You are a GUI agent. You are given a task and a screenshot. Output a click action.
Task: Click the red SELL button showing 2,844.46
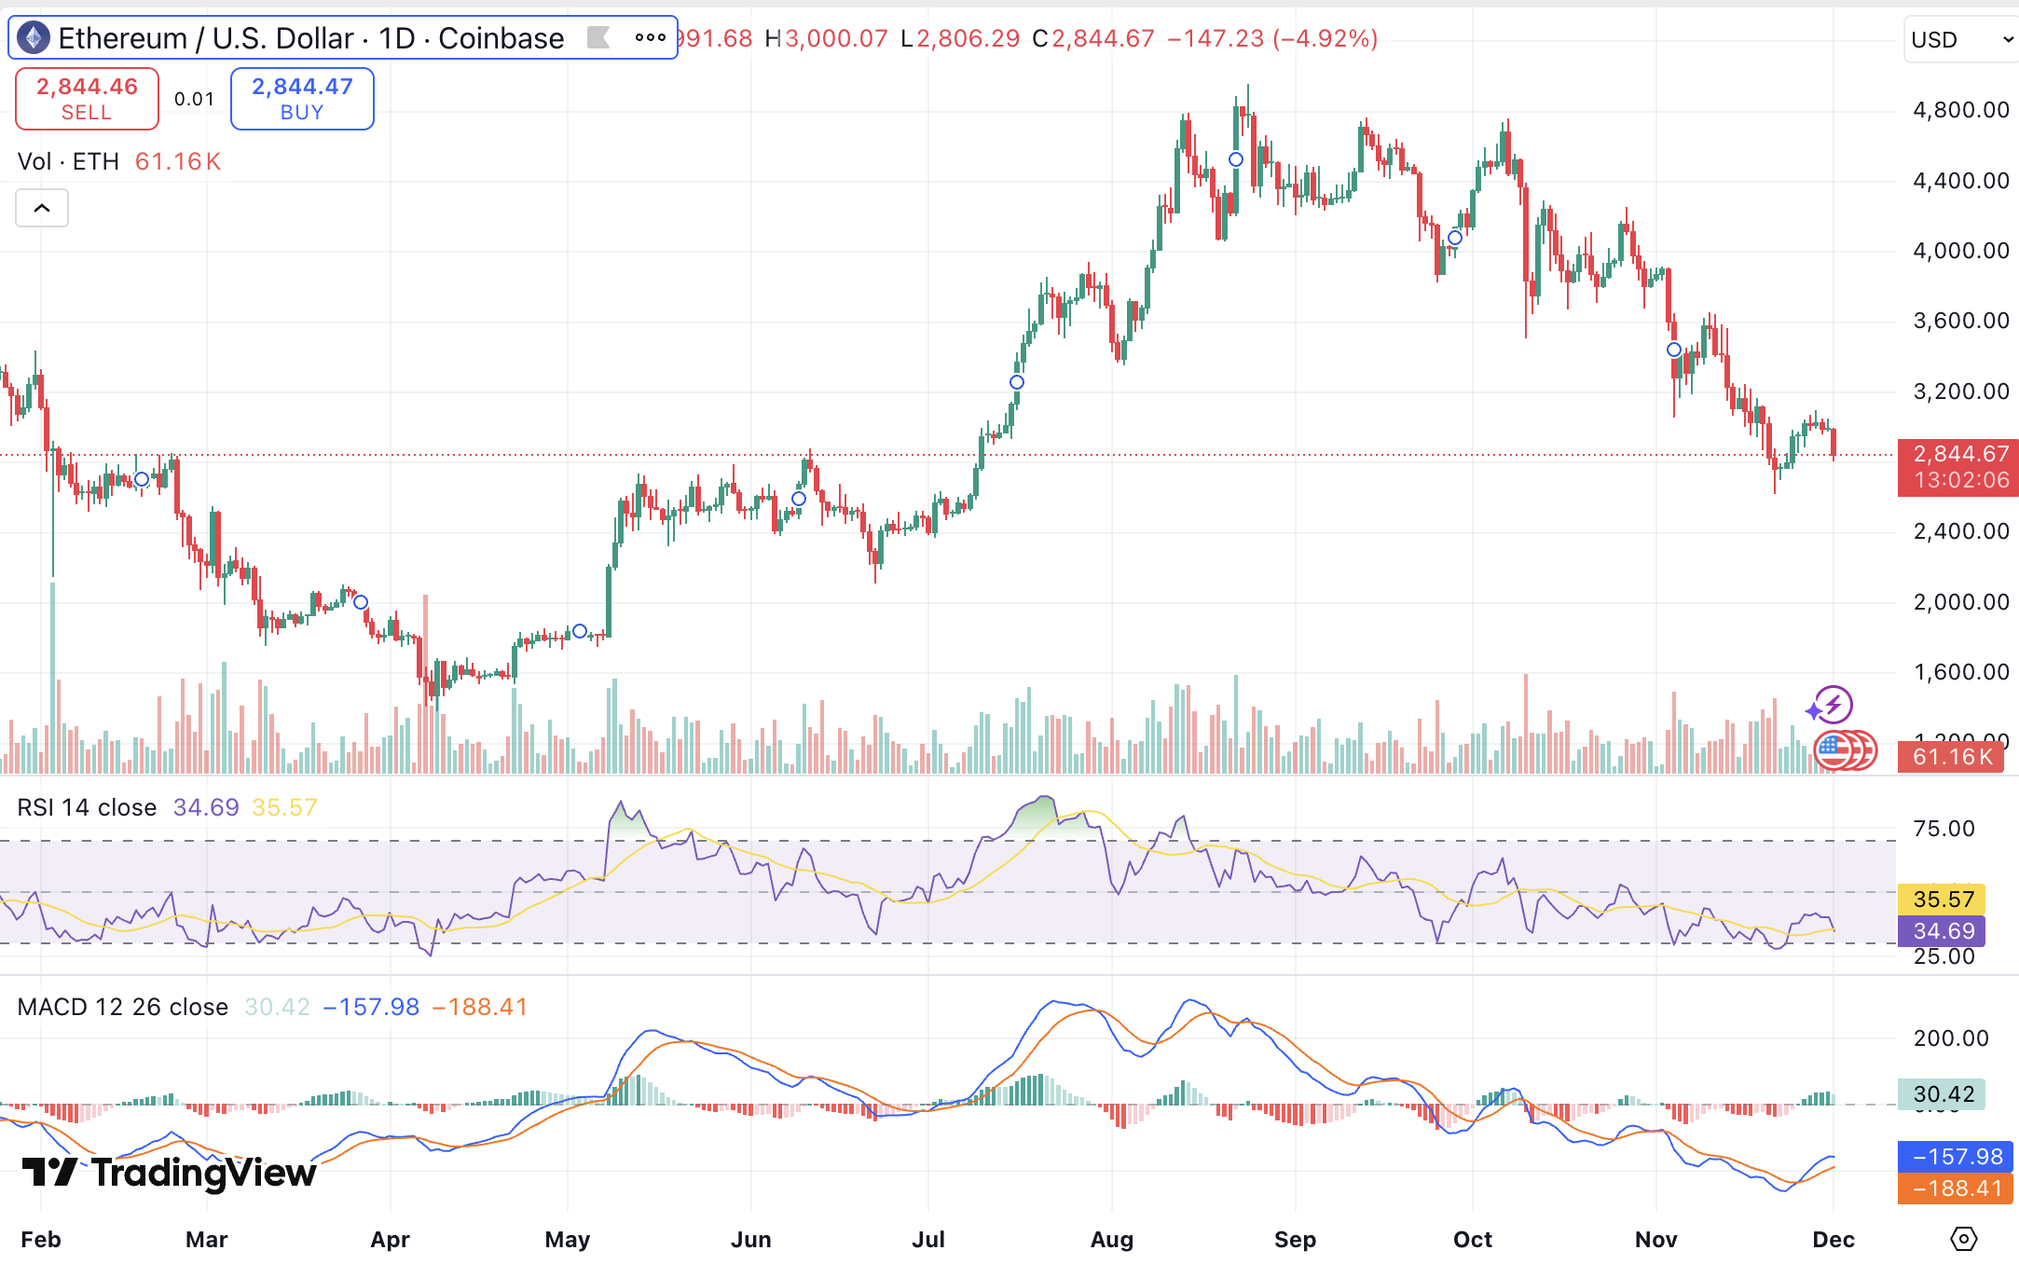point(87,99)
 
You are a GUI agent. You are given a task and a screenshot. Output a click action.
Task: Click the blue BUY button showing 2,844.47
point(302,99)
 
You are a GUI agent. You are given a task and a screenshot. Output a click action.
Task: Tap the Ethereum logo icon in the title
point(34,38)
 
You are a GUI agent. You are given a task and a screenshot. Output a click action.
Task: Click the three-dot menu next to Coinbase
point(650,38)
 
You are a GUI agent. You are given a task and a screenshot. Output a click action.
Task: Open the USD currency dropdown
point(1960,40)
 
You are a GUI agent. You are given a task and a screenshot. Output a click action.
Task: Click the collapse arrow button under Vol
point(42,208)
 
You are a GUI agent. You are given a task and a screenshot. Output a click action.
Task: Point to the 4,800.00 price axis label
point(1960,110)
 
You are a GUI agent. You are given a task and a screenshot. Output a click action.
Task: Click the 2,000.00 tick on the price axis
point(1960,602)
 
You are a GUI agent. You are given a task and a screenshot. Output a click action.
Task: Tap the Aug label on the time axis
point(1111,1240)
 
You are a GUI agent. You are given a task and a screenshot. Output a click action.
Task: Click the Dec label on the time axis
point(1833,1240)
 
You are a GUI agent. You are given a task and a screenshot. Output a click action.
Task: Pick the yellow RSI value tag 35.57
point(1943,900)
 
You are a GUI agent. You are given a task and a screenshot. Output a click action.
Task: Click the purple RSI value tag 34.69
point(1943,930)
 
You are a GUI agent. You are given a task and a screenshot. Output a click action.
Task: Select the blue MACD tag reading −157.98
point(1956,1157)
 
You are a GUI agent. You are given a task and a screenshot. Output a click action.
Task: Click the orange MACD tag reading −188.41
point(1956,1188)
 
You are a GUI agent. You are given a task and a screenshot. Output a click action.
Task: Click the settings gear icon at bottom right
point(1963,1239)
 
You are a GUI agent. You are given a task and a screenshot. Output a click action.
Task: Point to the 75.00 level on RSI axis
point(1943,829)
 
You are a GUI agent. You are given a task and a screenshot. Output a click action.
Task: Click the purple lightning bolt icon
point(1834,705)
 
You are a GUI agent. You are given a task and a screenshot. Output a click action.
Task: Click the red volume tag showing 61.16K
point(1951,757)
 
